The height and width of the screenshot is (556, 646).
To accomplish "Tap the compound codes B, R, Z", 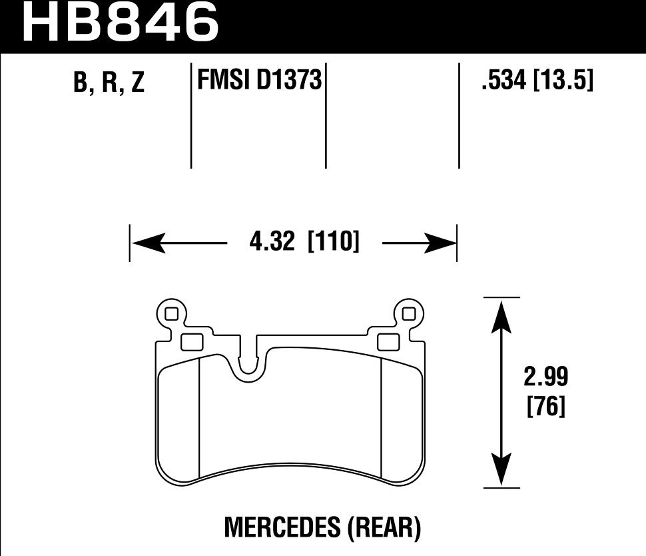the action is point(109,82).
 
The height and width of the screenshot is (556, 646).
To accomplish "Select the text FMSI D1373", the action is point(260,79).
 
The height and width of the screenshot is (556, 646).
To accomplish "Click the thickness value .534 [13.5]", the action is point(537,79).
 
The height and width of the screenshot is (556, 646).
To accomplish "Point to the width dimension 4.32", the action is point(272,241).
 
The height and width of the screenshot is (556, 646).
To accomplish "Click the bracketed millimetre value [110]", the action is point(334,241).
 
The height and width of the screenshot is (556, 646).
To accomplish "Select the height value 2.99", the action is point(546,377).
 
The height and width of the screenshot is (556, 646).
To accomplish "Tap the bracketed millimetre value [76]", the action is point(546,406).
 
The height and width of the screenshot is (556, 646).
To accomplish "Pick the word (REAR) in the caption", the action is point(385,527).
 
